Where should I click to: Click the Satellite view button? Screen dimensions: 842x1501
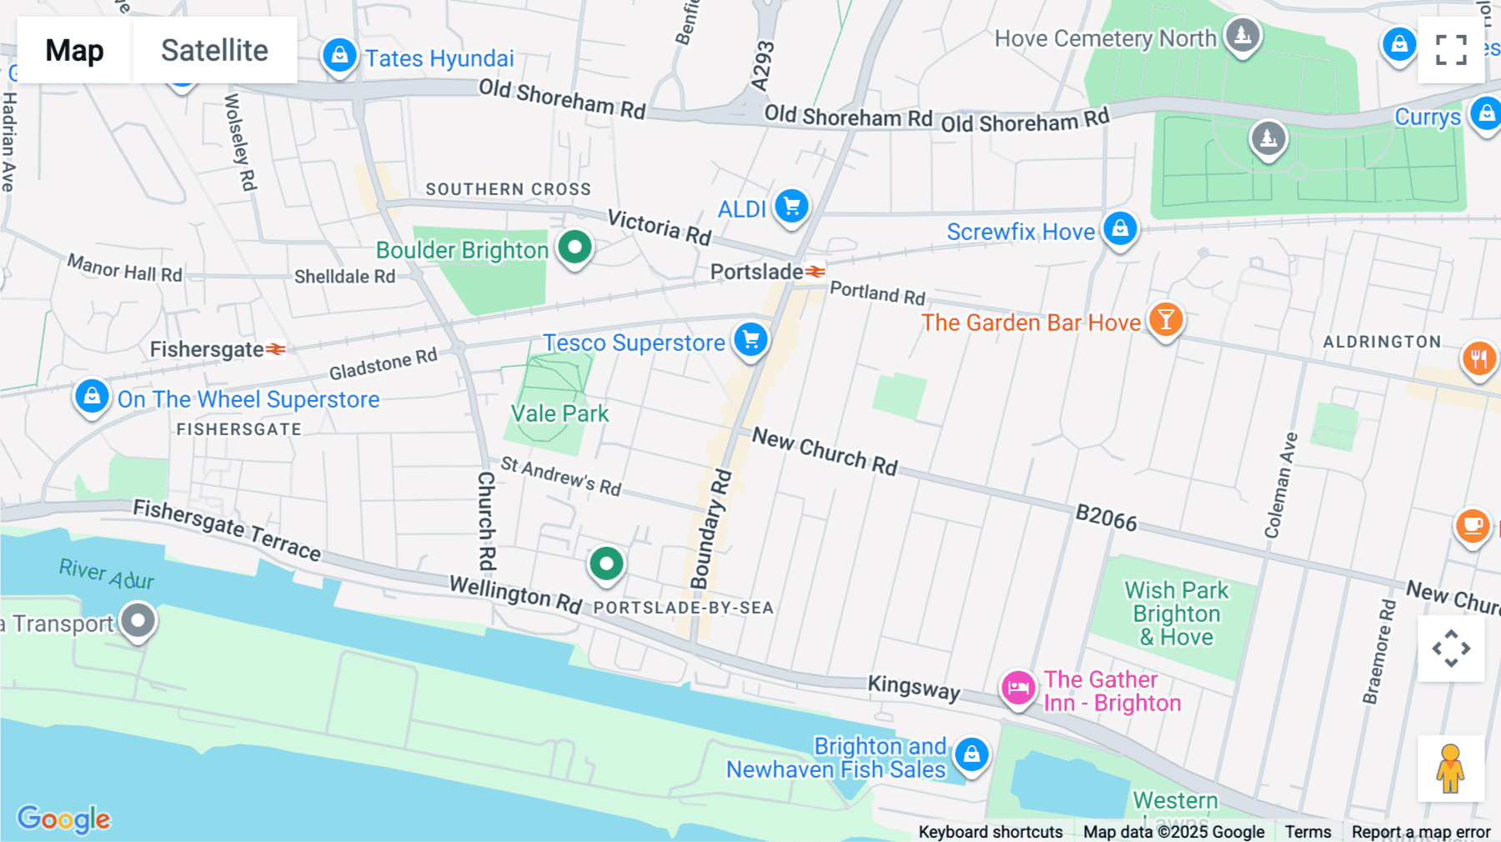pos(214,50)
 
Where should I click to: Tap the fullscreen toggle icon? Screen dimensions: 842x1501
pos(1451,50)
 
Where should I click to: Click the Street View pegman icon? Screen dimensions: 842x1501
pos(1450,769)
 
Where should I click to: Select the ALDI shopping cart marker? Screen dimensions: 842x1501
pos(791,205)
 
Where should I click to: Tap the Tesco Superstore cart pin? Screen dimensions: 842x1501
pos(750,339)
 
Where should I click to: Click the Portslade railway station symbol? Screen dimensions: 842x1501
pos(815,272)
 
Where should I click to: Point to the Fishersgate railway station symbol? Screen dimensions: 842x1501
pos(276,349)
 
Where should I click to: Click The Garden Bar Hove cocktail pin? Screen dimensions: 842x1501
pos(1165,319)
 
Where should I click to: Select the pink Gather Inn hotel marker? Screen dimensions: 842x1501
pos(1018,688)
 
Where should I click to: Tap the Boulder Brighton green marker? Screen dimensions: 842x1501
pos(575,248)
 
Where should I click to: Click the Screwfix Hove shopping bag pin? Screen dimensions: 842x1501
pos(1120,228)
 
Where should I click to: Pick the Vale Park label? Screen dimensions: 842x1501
pos(560,413)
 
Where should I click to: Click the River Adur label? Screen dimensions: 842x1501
pos(107,574)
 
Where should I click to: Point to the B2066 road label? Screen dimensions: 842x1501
pos(1106,518)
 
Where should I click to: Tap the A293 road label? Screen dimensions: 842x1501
pos(762,66)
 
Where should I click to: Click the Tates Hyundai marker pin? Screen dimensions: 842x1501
pos(339,56)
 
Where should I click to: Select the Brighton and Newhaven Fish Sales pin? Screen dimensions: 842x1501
pos(971,755)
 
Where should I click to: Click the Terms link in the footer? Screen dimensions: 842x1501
pos(1308,831)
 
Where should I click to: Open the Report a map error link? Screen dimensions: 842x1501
pos(1420,831)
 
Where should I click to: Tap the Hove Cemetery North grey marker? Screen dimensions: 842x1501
pos(1242,36)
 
